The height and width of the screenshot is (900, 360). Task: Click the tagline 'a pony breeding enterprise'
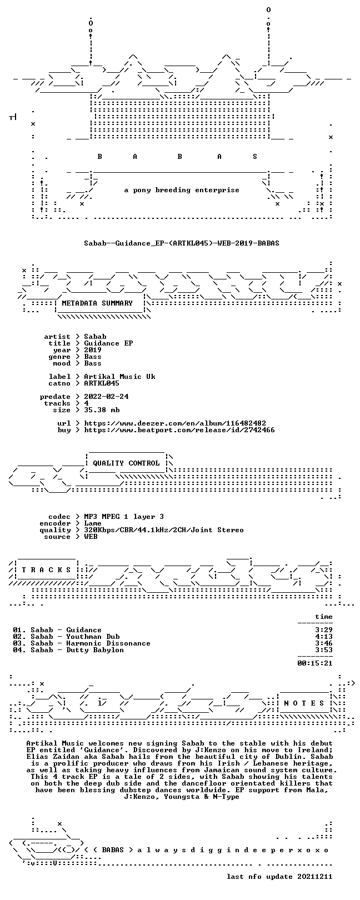point(182,190)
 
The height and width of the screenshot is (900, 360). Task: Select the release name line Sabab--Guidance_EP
point(182,243)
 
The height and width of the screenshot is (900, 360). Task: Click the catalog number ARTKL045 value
point(102,383)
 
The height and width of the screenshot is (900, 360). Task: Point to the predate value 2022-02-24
point(106,397)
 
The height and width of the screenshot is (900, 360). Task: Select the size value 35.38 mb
point(102,410)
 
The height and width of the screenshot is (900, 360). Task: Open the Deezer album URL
point(175,423)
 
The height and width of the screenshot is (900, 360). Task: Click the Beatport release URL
point(179,430)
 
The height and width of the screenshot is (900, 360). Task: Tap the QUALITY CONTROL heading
point(126,463)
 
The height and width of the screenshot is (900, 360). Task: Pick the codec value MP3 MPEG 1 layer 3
point(124,517)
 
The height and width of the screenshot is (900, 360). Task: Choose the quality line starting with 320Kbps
point(163,530)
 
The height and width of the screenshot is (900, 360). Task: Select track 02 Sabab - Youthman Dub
point(66,637)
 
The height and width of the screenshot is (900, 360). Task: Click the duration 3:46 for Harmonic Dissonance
point(324,643)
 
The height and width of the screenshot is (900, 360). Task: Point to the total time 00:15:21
point(315,663)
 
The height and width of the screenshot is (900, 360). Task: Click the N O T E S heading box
point(304,703)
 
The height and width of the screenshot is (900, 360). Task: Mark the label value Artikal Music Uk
point(119,377)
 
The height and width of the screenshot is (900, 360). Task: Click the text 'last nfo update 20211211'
point(279,876)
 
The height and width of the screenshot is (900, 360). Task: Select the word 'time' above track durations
point(324,616)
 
